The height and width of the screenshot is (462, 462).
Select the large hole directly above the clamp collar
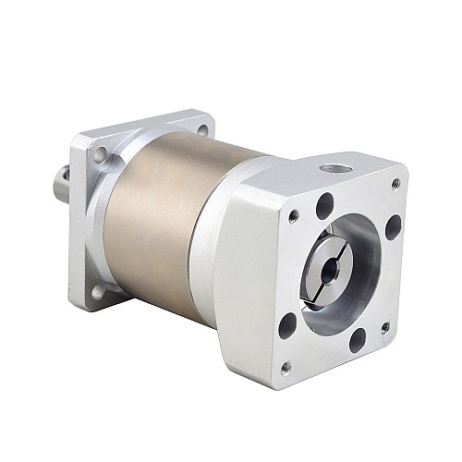point(324,206)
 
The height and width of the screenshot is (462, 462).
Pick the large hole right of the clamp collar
point(393,226)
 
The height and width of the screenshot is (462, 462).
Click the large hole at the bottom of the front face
point(358,340)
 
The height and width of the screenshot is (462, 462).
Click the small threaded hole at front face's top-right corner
point(395,184)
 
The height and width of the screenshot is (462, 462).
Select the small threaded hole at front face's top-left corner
point(293,217)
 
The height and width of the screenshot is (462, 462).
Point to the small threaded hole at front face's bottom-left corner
point(286,367)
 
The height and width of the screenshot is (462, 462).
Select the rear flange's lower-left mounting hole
point(98,292)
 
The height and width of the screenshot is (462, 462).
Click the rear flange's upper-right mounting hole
point(201,130)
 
